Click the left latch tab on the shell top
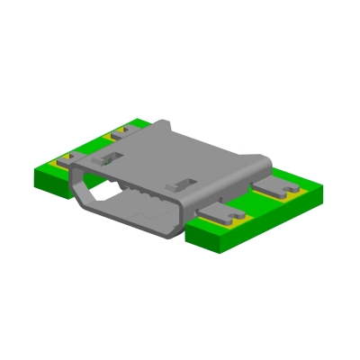tap(107, 157)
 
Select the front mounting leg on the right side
tap(225, 216)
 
